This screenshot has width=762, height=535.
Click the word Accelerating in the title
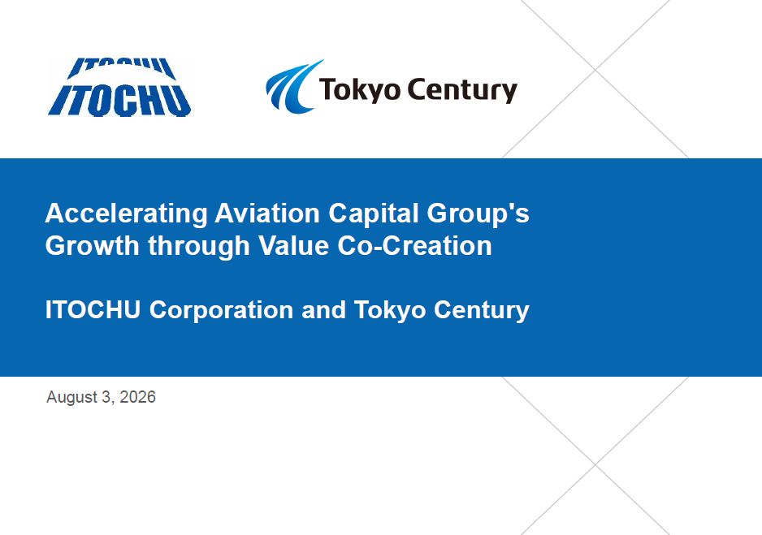click(127, 214)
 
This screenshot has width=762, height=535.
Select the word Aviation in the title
click(267, 214)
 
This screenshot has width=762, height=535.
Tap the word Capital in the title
click(373, 214)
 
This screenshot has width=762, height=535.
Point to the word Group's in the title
click(478, 214)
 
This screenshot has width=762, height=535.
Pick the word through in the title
click(199, 247)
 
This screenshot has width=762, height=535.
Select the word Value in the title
click(293, 246)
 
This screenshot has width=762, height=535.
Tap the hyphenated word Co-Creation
click(414, 246)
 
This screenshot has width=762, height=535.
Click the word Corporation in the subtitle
click(221, 311)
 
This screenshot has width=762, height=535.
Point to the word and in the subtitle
click(323, 310)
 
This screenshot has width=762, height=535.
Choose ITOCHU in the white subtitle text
click(93, 310)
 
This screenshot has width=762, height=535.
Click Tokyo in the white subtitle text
click(390, 311)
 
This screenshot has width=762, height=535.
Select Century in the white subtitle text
click(482, 311)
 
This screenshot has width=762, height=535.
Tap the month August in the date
click(72, 398)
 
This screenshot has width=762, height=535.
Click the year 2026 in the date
click(137, 397)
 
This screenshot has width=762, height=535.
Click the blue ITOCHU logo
click(119, 88)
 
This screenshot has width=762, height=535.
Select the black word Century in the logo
click(462, 90)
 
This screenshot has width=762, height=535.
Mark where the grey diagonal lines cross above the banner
click(595, 70)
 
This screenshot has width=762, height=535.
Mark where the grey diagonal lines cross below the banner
click(595, 464)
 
